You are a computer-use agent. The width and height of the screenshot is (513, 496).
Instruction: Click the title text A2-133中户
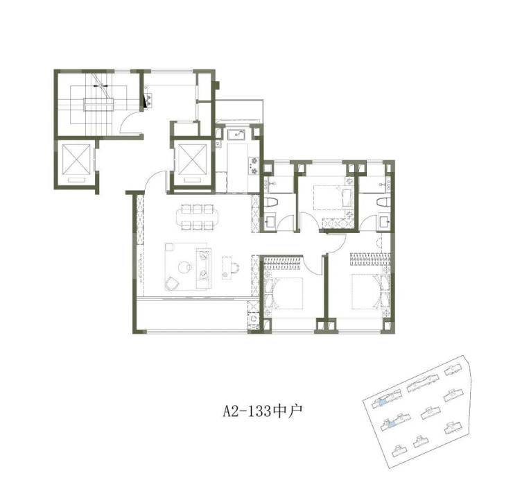point(262,411)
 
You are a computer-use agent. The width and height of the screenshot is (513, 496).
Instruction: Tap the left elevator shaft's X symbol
point(76,159)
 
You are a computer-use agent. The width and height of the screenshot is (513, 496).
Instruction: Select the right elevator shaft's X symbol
point(193,160)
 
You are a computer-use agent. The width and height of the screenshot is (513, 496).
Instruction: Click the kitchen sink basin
point(238,134)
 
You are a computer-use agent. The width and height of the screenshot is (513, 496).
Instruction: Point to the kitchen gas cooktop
point(254,166)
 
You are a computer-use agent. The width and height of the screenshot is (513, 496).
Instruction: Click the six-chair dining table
point(197,216)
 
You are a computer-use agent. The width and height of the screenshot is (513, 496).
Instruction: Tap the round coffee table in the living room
point(184,267)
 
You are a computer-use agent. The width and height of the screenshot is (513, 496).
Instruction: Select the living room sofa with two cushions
point(204,268)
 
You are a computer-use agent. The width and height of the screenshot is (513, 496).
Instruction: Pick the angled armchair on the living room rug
point(171,284)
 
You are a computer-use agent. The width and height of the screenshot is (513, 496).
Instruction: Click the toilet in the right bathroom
point(383,202)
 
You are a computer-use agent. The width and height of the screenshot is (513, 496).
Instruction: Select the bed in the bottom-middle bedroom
point(284,293)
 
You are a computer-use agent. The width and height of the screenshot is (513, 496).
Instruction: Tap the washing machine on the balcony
point(254,318)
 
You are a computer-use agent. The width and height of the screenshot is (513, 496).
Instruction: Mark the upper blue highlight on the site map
point(382,402)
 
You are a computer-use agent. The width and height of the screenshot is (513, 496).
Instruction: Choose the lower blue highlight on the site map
point(391,425)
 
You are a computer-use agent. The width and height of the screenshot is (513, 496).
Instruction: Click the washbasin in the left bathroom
point(270,221)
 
